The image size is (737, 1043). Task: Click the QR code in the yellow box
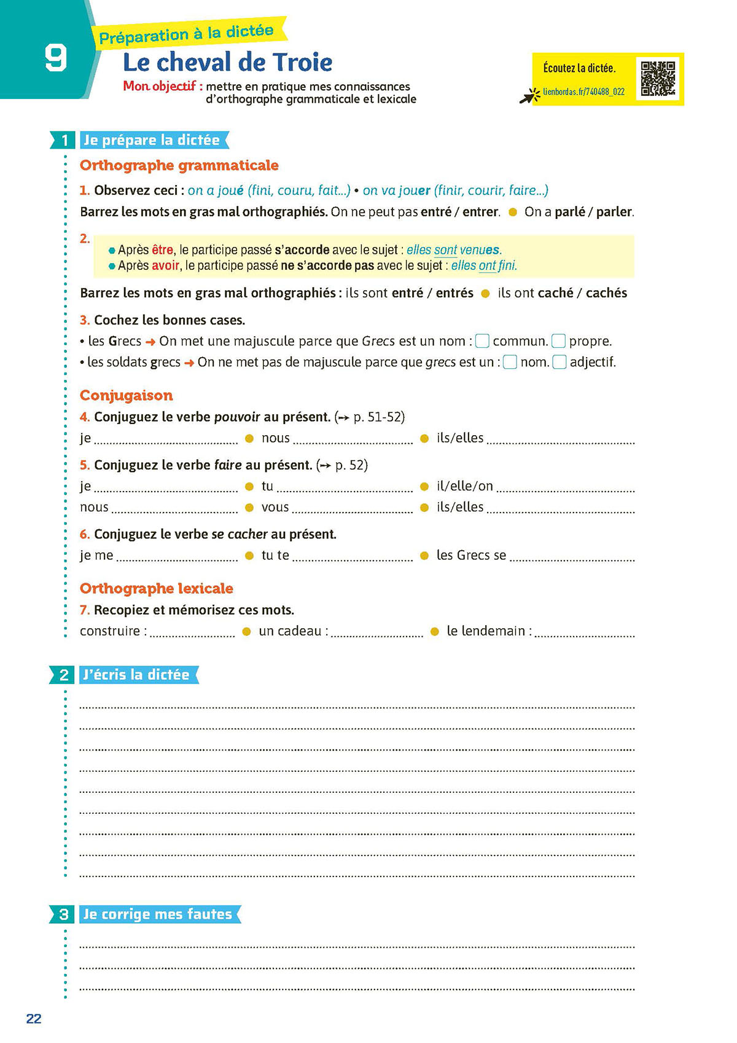[658, 78]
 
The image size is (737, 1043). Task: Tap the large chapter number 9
[55, 59]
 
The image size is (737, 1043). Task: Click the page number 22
[34, 1018]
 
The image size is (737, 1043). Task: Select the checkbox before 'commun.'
[483, 340]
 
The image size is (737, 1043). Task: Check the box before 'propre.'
[558, 340]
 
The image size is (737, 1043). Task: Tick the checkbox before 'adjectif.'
[559, 362]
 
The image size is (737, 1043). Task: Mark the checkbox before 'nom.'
[510, 362]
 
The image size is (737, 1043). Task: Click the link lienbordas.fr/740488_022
[583, 92]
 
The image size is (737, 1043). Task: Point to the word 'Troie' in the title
[302, 62]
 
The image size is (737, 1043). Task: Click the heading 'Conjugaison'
[126, 395]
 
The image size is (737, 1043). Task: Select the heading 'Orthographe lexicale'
[156, 588]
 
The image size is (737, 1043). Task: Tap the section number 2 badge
[64, 675]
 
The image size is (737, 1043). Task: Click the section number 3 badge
[64, 915]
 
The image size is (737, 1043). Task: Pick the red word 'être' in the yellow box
[163, 250]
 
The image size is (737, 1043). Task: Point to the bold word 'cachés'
[606, 293]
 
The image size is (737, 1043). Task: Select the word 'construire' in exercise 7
[110, 631]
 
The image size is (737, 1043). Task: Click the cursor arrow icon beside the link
[528, 96]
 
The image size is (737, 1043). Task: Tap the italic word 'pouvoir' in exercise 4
[237, 417]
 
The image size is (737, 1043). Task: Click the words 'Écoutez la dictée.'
[579, 68]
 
